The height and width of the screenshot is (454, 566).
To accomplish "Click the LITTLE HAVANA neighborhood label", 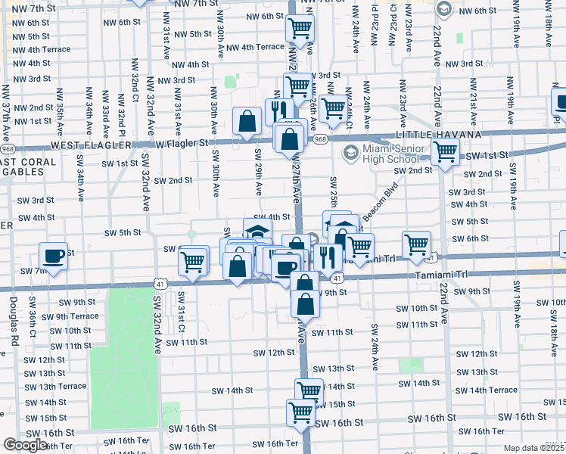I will tap(439, 135).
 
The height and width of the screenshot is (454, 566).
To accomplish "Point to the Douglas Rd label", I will tap(13, 320).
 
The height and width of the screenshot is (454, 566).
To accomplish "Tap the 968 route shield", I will tap(320, 139).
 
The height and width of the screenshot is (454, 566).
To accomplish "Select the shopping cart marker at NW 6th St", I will tap(300, 29).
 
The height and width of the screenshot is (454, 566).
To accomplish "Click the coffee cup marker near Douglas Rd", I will tap(53, 256).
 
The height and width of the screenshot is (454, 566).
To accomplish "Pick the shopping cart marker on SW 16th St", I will tap(300, 412).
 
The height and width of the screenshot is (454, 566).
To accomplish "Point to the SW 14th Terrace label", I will tap(493, 390).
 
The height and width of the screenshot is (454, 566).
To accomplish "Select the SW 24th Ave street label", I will tap(374, 347).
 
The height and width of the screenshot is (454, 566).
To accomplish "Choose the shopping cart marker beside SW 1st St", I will tap(445, 152).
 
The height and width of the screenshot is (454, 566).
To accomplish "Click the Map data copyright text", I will tap(534, 448).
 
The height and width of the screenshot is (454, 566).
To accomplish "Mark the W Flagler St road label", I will tap(182, 143).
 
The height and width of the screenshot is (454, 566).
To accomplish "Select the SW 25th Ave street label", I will tap(333, 194).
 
